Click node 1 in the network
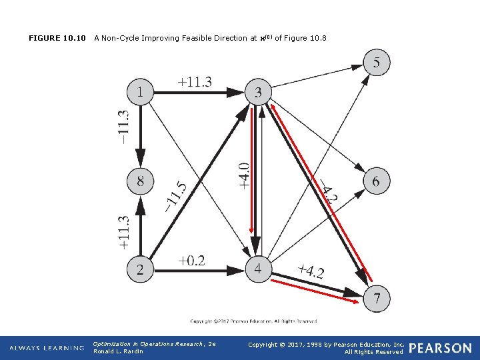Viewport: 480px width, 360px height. click(140, 92)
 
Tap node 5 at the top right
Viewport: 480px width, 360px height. click(377, 63)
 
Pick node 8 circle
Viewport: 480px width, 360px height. click(140, 181)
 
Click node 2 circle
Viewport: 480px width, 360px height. click(140, 270)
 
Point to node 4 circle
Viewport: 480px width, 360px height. click(258, 270)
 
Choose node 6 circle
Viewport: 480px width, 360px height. click(377, 181)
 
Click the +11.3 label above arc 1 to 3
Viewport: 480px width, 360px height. click(195, 81)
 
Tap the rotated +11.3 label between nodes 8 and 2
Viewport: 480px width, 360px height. click(123, 231)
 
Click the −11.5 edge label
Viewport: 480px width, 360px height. click(175, 196)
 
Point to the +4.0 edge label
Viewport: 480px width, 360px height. click(245, 175)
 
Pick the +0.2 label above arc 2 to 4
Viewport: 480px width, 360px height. click(191, 260)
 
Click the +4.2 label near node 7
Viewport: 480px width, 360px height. click(311, 271)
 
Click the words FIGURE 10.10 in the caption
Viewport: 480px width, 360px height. click(57, 38)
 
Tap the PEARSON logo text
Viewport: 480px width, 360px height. click(440, 348)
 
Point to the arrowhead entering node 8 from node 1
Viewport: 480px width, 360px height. click(140, 163)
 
